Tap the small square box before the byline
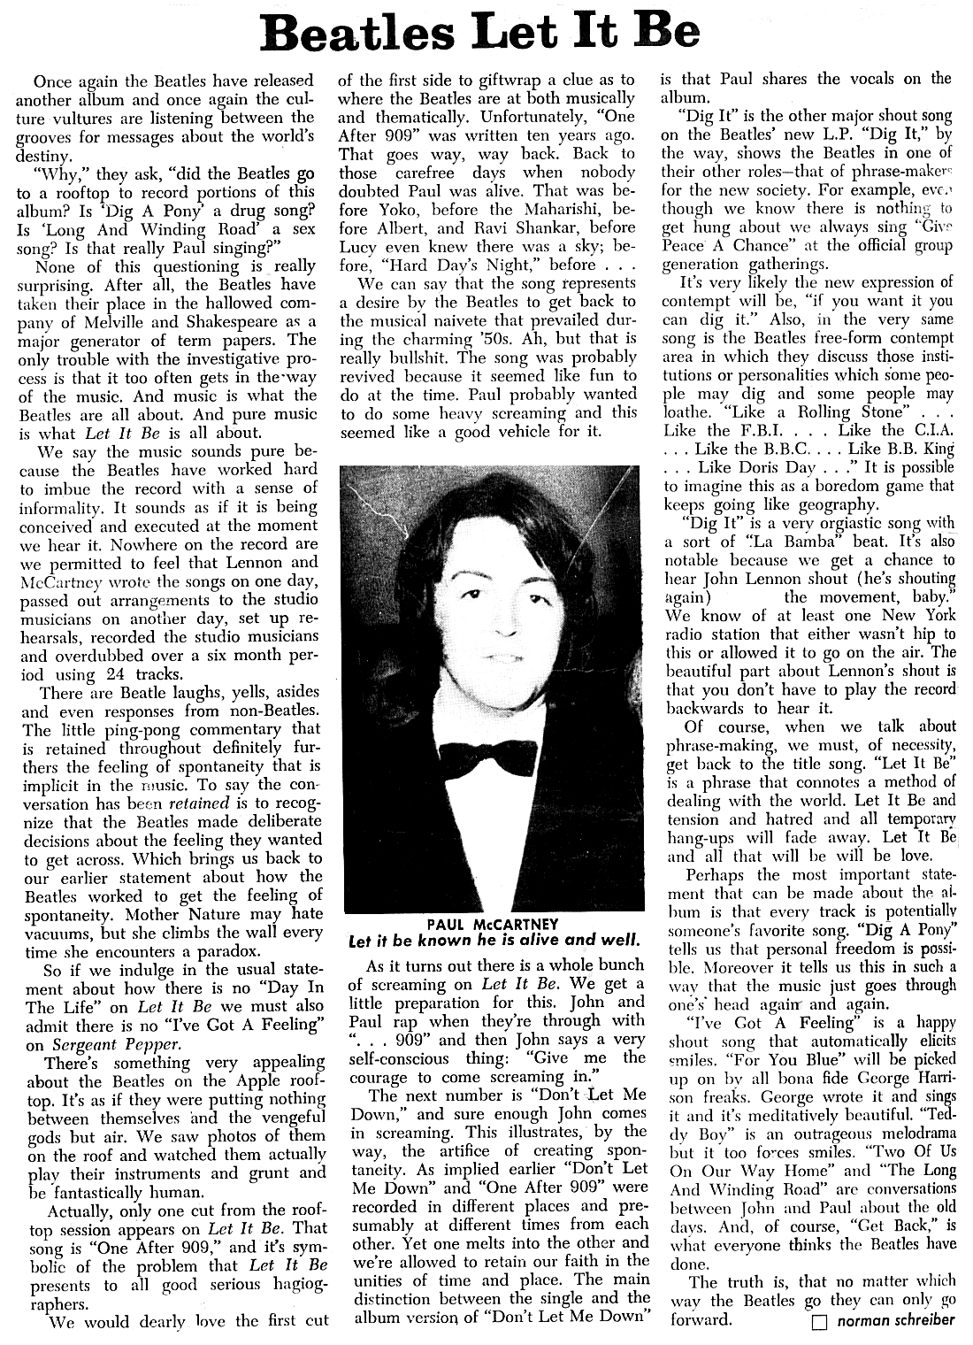click(x=818, y=1322)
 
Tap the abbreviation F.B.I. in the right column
click(x=763, y=430)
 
